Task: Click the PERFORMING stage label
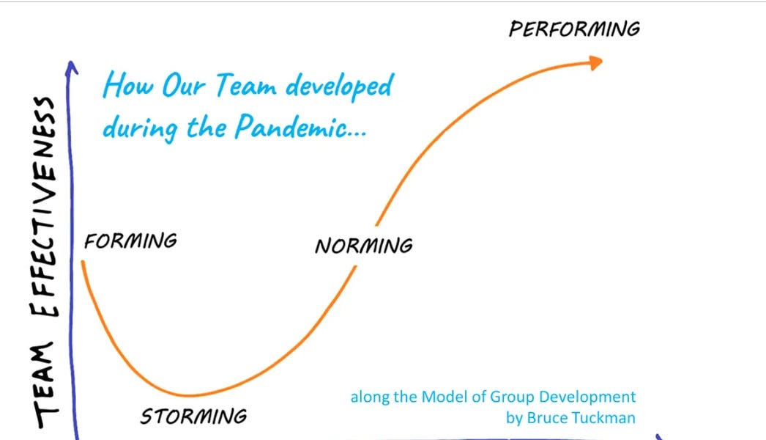[x=574, y=29]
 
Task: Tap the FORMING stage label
[x=130, y=241]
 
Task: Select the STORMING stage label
[x=193, y=417]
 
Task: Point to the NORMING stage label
[x=363, y=245]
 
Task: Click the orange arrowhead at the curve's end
[x=596, y=62]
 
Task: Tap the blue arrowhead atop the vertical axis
[x=72, y=67]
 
